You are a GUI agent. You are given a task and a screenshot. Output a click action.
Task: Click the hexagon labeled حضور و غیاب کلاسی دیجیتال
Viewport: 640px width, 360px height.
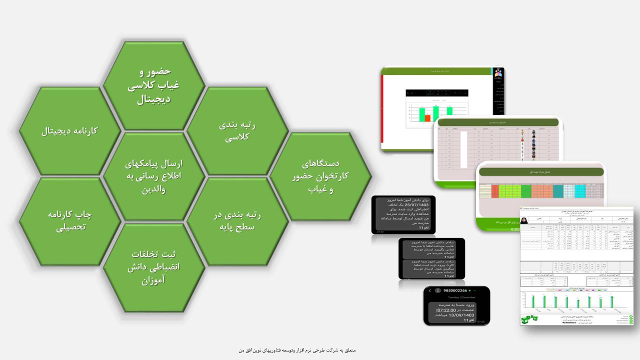pos(154,85)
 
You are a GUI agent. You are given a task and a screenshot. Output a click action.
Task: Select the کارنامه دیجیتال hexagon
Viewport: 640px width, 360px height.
pos(70,131)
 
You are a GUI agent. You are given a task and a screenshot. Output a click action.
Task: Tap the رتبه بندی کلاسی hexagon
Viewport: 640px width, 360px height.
pos(237,131)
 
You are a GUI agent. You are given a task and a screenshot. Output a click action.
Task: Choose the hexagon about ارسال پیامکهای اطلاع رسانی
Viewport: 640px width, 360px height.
pos(154,176)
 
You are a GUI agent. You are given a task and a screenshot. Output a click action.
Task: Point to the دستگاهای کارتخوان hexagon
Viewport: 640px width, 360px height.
pos(320,176)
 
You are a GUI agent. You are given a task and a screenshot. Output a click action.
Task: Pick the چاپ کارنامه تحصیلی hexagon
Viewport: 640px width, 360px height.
pos(70,220)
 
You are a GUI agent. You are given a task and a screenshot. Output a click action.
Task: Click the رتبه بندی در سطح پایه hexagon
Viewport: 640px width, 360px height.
pos(237,220)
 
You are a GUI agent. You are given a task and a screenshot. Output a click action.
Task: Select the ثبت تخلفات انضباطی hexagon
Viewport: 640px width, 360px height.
pos(154,266)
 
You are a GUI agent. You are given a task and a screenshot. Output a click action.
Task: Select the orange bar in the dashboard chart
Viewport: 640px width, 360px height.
pos(427,118)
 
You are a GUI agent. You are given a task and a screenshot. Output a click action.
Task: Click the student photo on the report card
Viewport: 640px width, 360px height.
pos(524,220)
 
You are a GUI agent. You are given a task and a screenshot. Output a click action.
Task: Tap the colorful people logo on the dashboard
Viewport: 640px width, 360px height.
pos(498,73)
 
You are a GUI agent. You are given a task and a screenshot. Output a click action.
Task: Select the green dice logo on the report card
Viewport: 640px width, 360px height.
pos(527,318)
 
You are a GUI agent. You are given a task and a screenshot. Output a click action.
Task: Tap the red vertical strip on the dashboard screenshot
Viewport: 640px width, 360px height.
pos(382,112)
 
